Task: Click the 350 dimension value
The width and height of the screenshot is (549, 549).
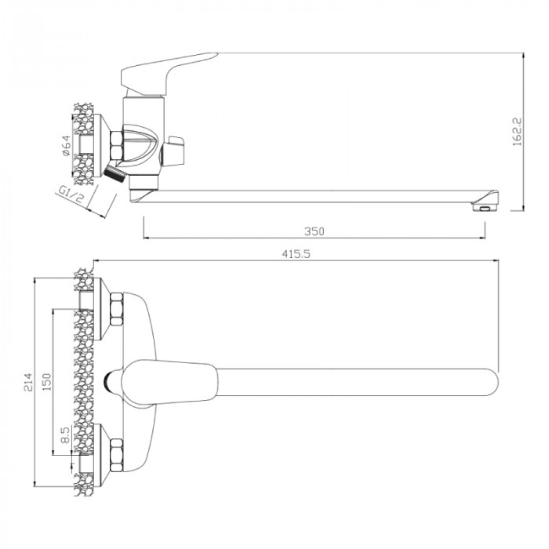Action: (x=314, y=231)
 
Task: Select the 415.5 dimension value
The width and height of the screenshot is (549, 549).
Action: (x=296, y=254)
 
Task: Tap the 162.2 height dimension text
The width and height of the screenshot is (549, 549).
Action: (x=517, y=132)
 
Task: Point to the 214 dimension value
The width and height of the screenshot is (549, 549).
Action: (x=28, y=383)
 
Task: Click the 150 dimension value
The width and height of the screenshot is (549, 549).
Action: (x=46, y=382)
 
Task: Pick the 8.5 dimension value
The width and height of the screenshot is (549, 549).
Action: (x=65, y=434)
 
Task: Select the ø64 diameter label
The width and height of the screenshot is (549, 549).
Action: (x=66, y=145)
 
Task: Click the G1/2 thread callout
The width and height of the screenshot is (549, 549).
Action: (x=71, y=195)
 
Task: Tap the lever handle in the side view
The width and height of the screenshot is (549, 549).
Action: (x=165, y=74)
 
